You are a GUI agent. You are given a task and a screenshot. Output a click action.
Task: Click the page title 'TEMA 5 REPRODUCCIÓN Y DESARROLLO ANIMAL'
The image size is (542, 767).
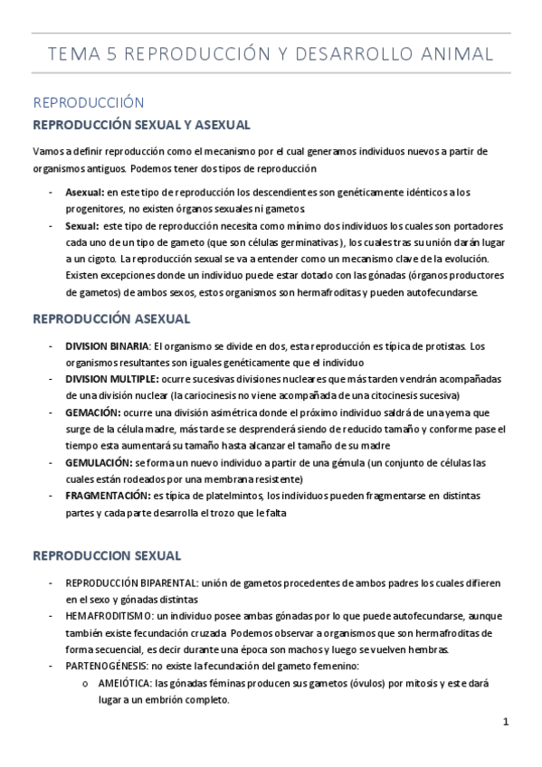tap(271, 55)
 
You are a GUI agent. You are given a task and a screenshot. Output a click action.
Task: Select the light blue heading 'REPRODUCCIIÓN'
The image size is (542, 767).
tap(88, 103)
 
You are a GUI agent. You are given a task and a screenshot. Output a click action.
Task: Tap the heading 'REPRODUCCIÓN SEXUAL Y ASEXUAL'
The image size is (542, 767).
tap(141, 124)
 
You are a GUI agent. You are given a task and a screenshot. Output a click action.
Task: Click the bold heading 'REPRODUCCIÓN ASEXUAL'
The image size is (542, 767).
tap(110, 319)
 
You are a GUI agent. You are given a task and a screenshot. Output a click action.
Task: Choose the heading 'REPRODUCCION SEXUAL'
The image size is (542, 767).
tap(107, 554)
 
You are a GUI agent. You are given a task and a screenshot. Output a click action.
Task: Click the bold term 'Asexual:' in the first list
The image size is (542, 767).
tap(85, 193)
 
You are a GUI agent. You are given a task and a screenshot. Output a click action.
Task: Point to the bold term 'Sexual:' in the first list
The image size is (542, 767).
tap(81, 225)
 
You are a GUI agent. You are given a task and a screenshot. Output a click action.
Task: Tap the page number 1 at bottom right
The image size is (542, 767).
tap(507, 722)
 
